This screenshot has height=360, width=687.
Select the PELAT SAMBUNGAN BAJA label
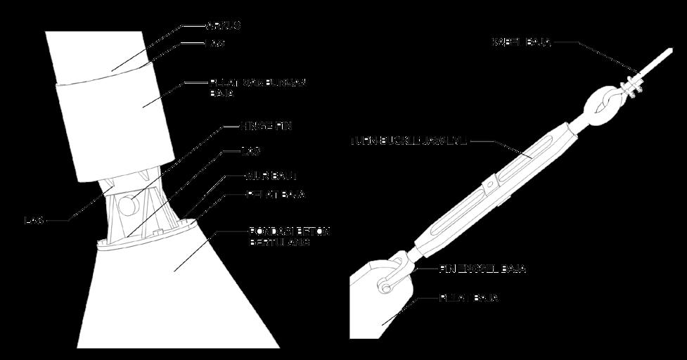click(x=258, y=87)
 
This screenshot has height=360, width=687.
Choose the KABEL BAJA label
click(x=521, y=43)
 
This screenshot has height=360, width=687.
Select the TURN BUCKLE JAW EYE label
click(x=408, y=141)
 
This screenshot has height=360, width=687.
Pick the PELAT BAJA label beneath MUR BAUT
click(x=275, y=195)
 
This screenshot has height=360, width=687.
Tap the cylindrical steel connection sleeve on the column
click(x=116, y=130)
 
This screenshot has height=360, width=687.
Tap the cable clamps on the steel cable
click(x=634, y=85)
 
